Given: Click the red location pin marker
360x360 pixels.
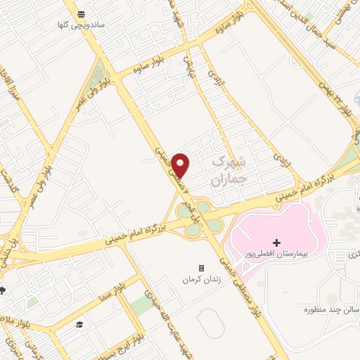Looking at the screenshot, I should click(x=181, y=165).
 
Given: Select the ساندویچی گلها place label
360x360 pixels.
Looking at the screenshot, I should click(x=82, y=25).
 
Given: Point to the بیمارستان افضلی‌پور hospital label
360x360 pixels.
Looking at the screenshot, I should click(x=276, y=252).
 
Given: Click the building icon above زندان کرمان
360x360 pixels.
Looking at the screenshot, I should click(x=202, y=269).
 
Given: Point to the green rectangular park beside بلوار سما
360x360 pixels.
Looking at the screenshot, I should click(x=141, y=304).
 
